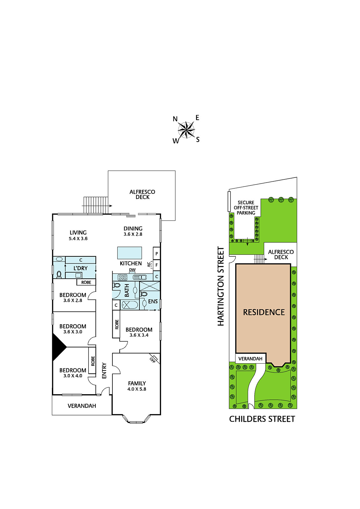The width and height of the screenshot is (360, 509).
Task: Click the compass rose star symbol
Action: pos(186,130)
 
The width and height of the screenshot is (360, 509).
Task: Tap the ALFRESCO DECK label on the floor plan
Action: pos(142,194)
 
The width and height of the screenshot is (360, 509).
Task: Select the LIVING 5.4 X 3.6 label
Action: pos(78,235)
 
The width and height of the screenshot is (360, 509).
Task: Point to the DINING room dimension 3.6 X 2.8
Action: pos(133,234)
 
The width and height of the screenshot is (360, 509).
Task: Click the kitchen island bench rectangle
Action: pos(130,253)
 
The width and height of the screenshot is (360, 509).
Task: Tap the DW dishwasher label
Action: pos(132,270)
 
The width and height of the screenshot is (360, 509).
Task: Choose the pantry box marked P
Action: pos(157,253)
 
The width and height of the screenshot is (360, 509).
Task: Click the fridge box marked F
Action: pos(157,265)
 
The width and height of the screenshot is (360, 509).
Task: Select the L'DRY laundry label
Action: pos(81,268)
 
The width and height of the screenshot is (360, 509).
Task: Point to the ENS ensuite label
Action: pos(153,301)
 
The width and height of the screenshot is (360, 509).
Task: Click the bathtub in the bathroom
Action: pos(130,305)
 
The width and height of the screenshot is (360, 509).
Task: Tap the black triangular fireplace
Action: pos(59,347)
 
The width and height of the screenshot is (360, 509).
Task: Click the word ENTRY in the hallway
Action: pos(104,371)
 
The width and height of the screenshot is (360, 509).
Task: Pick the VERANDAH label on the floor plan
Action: pos(82,406)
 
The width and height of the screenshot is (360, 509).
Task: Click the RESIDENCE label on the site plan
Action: pos(264,312)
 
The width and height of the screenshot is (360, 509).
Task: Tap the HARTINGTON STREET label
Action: pos(221,286)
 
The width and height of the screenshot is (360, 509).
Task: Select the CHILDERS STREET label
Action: pos(262,419)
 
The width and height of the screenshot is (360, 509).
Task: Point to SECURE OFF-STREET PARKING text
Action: pos(246,207)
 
